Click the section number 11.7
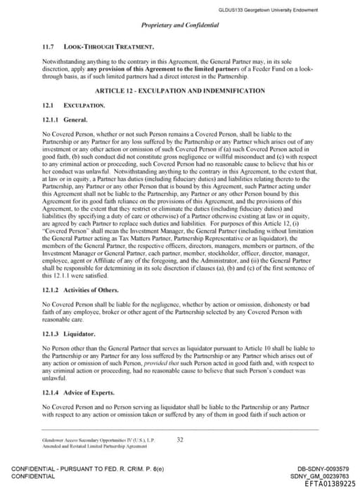coord(49,47)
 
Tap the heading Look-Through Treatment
coord(108,47)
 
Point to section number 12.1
coord(49,105)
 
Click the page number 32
coord(180,440)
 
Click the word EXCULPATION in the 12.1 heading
coord(84,105)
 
